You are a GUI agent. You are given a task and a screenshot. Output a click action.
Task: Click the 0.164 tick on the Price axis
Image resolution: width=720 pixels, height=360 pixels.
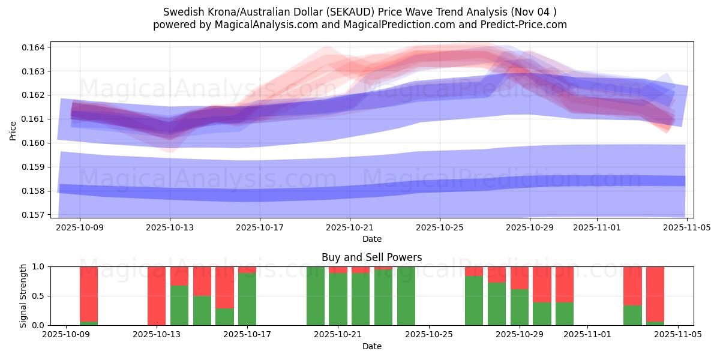(37, 47)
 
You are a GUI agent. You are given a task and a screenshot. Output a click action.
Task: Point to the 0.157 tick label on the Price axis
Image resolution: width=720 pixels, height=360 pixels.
(37, 215)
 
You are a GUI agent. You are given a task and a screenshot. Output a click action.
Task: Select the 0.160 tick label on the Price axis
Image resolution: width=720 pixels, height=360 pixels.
(37, 143)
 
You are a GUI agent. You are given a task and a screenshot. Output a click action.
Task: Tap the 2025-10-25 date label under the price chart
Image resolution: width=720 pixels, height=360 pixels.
(440, 228)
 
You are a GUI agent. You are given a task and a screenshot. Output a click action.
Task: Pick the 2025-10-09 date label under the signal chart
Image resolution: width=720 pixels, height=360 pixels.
(66, 335)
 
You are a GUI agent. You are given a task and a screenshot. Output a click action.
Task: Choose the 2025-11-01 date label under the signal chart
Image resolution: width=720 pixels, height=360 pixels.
(588, 335)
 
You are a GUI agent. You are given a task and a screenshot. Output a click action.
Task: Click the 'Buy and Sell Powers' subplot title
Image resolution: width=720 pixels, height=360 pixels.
(371, 257)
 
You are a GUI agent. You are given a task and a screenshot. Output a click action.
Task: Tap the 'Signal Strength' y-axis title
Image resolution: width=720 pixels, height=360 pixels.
(23, 296)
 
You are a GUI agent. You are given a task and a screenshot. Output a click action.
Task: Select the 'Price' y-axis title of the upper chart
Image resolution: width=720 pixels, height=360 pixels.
(13, 130)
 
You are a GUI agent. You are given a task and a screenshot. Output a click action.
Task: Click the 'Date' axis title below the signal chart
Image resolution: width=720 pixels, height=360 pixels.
(371, 346)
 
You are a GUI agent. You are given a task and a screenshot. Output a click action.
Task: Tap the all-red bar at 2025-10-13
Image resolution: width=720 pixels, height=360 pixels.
(157, 296)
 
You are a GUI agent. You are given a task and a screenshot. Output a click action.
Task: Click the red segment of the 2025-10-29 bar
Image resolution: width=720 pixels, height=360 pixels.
(520, 278)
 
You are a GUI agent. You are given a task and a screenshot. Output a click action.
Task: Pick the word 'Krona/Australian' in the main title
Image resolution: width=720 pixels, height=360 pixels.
(241, 12)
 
